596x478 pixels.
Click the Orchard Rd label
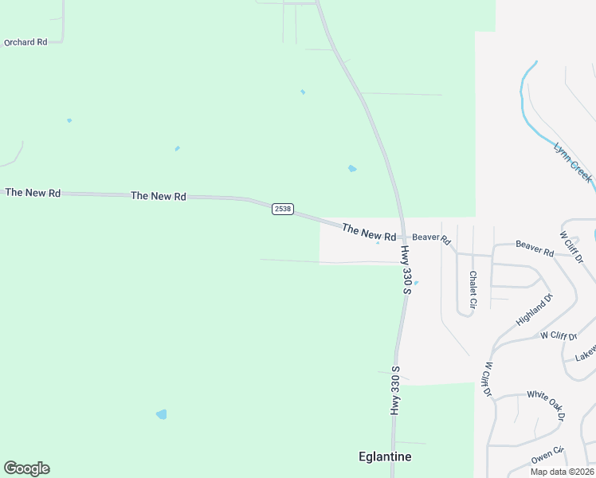(x=25, y=42)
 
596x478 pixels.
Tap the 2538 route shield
(x=282, y=209)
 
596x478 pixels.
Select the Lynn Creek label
(x=573, y=163)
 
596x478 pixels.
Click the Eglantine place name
(x=383, y=456)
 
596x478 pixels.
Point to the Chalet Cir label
(x=472, y=289)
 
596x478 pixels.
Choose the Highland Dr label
(x=534, y=310)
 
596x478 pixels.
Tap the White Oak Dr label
(x=545, y=406)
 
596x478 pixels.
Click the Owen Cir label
(x=547, y=455)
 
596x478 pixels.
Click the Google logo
(x=26, y=468)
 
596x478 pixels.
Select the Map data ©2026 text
(x=562, y=472)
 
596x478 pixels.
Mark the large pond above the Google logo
(x=162, y=414)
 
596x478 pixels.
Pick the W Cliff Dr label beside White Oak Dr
(x=486, y=380)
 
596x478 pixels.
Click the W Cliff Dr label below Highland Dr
(x=559, y=335)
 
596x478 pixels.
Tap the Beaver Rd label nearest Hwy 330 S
(x=431, y=238)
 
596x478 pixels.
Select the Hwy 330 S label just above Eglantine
(x=394, y=390)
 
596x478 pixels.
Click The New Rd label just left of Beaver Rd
(x=369, y=233)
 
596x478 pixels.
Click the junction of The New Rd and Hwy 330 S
(x=401, y=237)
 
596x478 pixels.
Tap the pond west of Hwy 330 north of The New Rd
(x=351, y=168)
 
